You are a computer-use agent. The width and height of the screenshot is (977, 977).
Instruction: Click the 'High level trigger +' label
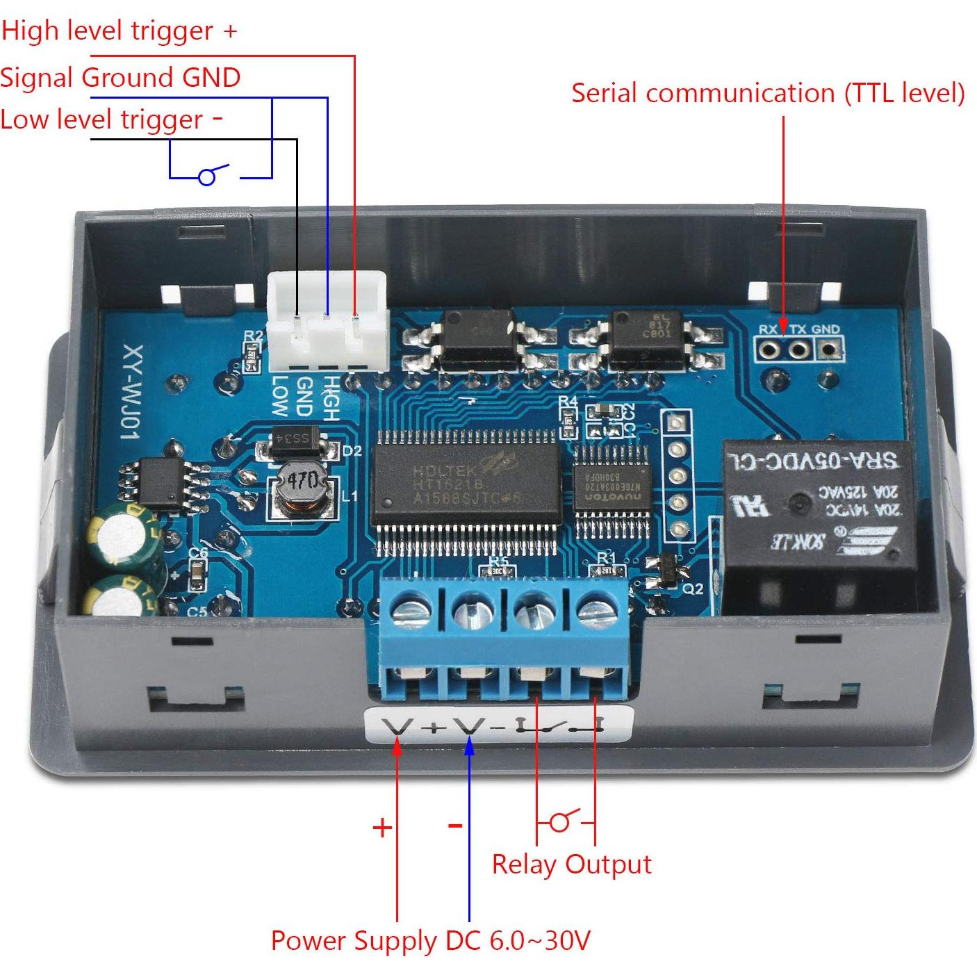coord(119,31)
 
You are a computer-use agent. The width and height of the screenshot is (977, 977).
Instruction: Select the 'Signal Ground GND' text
coord(120,77)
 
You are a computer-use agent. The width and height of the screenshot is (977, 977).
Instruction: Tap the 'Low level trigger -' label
coord(111,120)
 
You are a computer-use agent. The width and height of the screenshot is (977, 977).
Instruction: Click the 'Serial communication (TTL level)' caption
coord(768,93)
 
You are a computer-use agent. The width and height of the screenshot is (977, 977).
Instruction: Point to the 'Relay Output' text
coord(571,864)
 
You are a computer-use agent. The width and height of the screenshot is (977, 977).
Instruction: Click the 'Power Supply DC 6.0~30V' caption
coord(430,941)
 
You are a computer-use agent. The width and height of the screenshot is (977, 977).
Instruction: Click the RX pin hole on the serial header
coord(768,347)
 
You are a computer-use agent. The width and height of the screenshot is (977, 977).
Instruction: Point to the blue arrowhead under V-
coord(470,746)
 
